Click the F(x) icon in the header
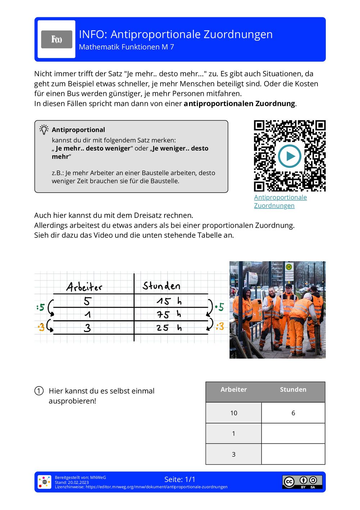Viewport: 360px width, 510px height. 57,39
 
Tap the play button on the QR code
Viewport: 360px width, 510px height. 289,156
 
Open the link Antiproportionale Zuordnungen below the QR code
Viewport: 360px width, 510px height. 280,201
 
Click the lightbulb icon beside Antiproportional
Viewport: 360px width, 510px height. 44,130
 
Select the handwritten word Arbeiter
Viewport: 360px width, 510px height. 84,287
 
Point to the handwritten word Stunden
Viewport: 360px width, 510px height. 161,286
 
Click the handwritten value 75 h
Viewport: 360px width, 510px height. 168,314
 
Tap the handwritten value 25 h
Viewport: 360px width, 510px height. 168,328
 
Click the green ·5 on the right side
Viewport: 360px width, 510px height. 219,307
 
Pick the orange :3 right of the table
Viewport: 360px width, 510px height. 220,326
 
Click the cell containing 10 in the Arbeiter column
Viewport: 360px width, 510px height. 234,413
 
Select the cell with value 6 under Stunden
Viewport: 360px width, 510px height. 293,413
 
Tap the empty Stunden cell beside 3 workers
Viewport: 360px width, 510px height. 293,454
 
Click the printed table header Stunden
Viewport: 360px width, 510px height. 293,389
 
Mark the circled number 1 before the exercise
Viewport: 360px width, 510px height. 39,391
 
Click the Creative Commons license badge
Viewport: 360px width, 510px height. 302,482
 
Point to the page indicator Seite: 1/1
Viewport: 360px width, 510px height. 180,479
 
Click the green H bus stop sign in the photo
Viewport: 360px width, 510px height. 288,267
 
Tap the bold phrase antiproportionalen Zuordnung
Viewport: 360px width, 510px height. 239,104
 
